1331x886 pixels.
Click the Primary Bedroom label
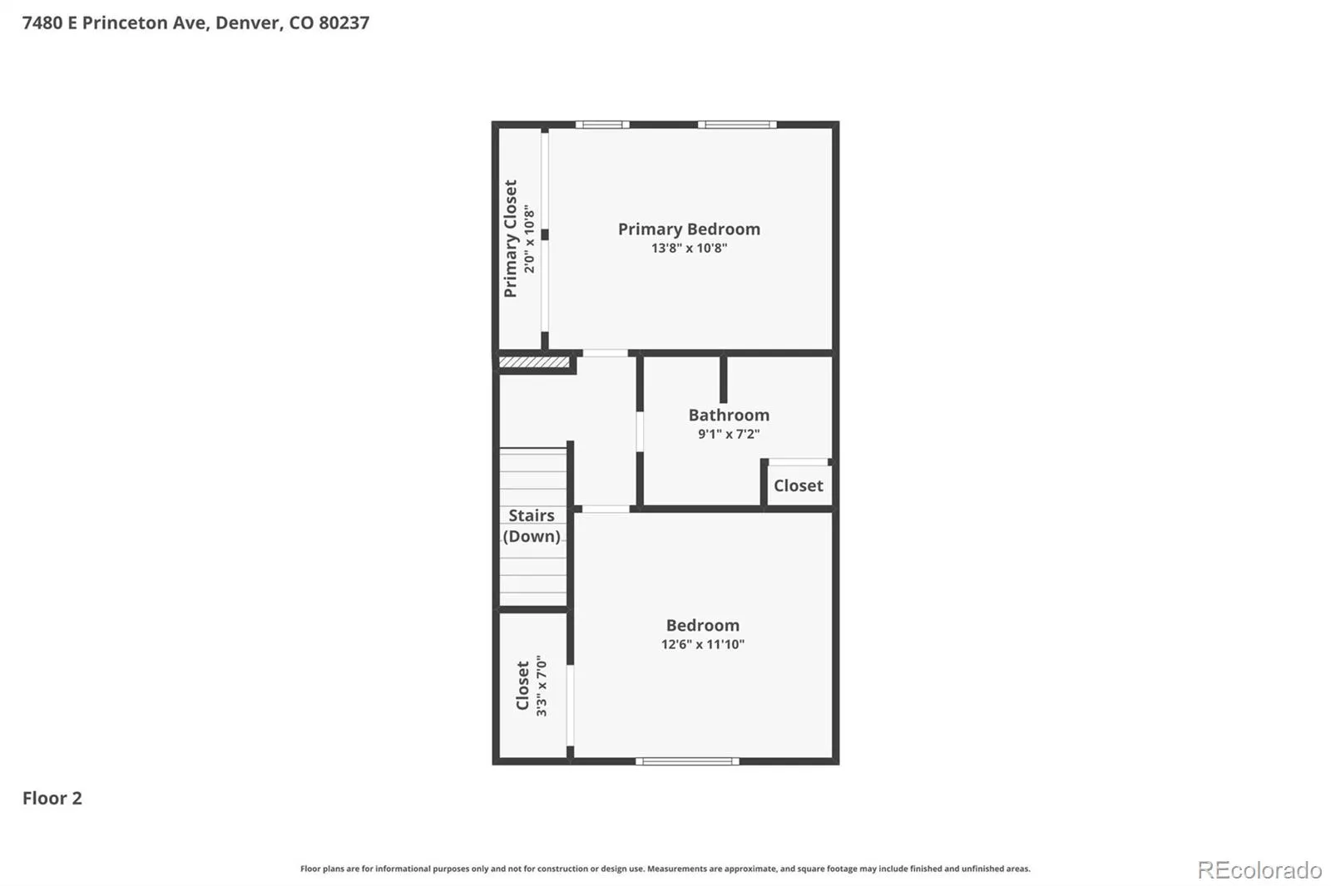click(689, 229)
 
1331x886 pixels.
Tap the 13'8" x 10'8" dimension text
click(689, 249)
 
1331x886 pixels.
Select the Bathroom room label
click(729, 415)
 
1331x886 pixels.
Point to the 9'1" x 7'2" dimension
click(729, 434)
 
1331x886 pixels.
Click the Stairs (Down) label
click(532, 525)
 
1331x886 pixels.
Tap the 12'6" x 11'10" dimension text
click(702, 643)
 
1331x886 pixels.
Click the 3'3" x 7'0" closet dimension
click(542, 686)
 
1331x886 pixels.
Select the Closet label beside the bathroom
click(798, 485)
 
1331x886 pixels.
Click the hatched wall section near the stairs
click(533, 362)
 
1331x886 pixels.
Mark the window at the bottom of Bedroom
click(687, 760)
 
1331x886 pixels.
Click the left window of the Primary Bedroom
click(602, 125)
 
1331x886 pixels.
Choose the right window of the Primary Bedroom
click(737, 125)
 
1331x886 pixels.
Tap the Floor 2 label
click(52, 798)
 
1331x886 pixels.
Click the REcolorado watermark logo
click(1259, 870)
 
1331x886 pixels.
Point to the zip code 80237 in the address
click(344, 22)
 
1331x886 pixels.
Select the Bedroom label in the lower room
click(702, 625)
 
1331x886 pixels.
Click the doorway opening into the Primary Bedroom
click(605, 352)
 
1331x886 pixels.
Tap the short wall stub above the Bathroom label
click(723, 380)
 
